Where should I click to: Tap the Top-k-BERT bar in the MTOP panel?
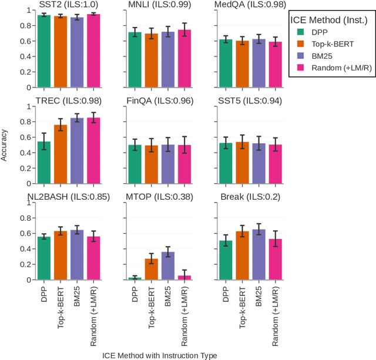(152, 270)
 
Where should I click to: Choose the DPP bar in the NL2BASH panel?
(44, 258)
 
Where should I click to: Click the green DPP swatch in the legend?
(301, 33)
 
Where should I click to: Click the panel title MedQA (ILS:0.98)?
(250, 5)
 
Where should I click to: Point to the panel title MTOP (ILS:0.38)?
(160, 197)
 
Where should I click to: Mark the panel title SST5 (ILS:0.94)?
(250, 101)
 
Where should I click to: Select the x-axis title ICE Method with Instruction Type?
(160, 355)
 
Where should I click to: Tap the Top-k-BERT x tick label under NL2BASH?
(61, 310)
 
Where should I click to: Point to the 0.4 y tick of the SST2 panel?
(25, 57)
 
